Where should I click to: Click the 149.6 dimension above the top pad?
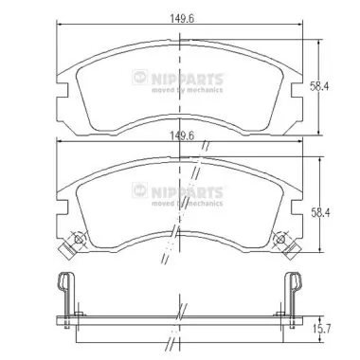(x=180, y=16)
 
